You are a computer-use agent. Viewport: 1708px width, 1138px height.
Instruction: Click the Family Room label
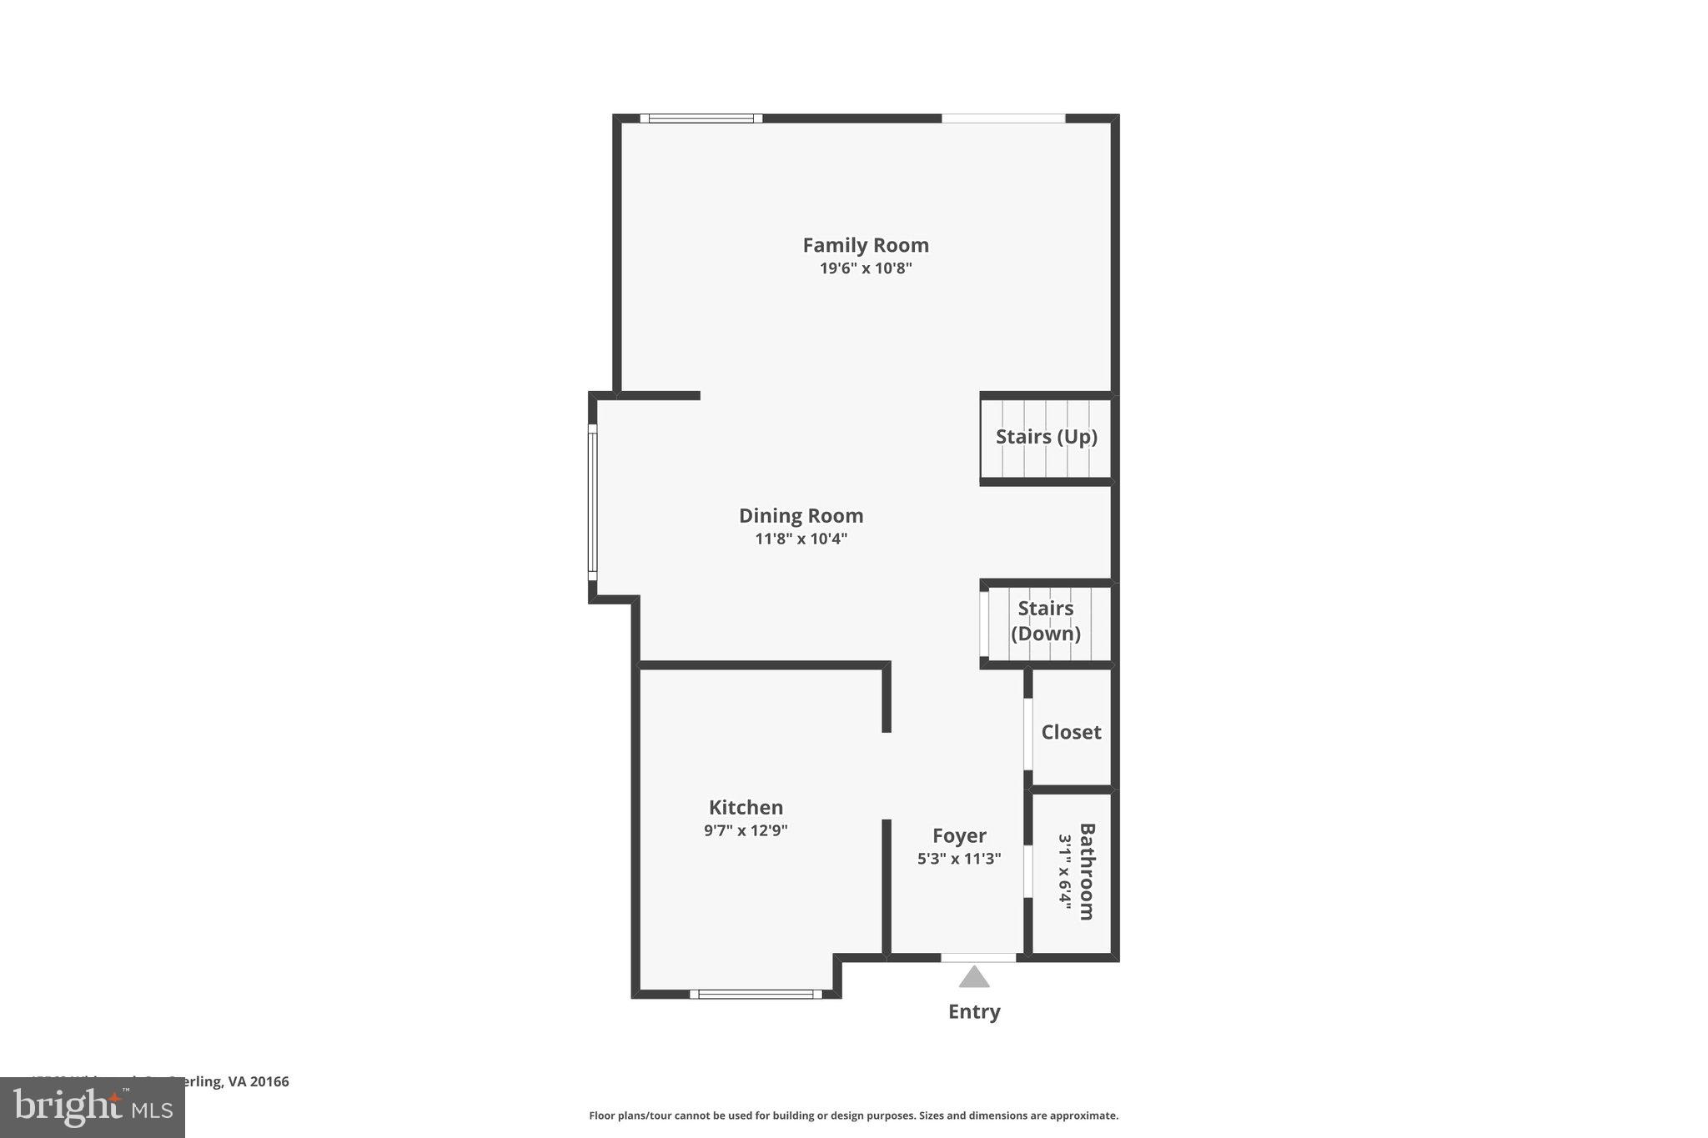(865, 245)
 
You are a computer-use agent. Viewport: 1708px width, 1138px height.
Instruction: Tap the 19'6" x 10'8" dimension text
(865, 268)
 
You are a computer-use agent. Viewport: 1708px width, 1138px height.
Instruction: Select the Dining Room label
(801, 515)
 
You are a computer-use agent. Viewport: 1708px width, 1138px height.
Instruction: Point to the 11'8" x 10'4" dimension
(801, 539)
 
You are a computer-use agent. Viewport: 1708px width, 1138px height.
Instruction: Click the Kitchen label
(746, 807)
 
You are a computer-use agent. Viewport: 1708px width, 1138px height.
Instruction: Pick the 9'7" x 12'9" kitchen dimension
(746, 830)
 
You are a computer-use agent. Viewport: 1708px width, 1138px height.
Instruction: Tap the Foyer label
(959, 835)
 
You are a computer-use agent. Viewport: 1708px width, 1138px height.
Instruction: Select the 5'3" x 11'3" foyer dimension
(959, 859)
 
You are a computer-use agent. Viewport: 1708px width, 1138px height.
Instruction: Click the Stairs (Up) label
(1046, 437)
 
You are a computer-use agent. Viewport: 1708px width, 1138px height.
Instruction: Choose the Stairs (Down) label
(1046, 621)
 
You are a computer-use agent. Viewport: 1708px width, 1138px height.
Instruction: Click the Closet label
(1071, 732)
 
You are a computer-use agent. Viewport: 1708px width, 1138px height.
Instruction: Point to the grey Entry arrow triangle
(973, 977)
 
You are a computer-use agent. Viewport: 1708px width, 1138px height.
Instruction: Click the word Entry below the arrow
(973, 1011)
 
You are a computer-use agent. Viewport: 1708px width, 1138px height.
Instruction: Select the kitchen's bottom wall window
(756, 994)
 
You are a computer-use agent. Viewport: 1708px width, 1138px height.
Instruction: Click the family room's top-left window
(701, 118)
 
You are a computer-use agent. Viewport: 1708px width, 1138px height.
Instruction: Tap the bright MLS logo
(93, 1107)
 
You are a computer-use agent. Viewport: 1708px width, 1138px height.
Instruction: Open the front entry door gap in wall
(978, 957)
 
